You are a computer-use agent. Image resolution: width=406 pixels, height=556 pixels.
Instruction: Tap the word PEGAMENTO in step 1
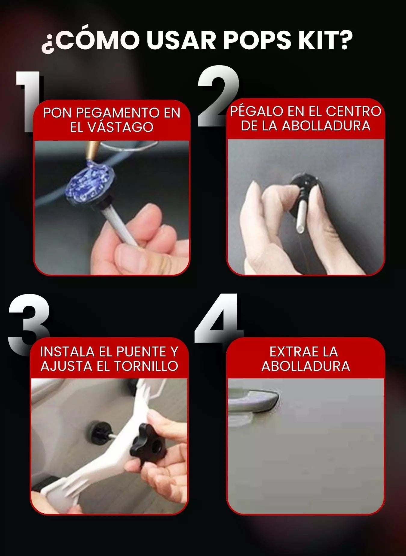pyautogui.click(x=118, y=113)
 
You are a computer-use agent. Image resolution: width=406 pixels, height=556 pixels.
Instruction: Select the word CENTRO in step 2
pyautogui.click(x=353, y=111)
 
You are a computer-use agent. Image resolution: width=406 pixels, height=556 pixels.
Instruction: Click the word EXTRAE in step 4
pyautogui.click(x=292, y=352)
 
